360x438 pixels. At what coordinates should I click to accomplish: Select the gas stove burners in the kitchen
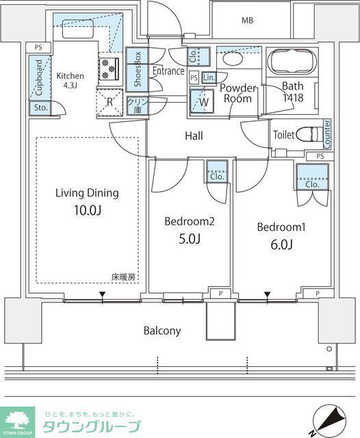point(109,68)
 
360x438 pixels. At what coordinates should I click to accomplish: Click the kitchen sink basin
point(77,29)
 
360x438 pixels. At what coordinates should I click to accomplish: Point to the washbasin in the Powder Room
point(233,60)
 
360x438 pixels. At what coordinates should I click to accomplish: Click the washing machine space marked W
point(202,101)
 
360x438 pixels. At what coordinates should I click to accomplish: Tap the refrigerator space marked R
point(110,102)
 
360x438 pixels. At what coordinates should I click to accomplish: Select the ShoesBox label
point(137,69)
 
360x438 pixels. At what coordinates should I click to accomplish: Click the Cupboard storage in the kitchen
point(40,77)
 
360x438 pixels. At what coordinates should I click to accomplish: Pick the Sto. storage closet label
point(41,107)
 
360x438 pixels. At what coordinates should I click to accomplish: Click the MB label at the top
point(248,21)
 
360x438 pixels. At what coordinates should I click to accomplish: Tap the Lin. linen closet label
point(209,77)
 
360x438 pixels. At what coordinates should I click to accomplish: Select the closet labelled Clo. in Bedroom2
point(217,172)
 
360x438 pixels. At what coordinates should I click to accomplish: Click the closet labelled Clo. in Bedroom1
point(312,177)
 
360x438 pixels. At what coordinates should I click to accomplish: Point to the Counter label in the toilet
point(326,134)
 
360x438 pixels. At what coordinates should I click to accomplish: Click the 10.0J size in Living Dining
point(88,210)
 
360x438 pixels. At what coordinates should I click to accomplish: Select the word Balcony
point(162,331)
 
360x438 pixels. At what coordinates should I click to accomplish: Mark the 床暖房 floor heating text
point(123,277)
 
